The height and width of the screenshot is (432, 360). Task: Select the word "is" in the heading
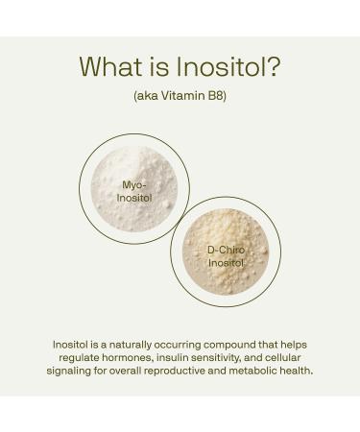[159, 67]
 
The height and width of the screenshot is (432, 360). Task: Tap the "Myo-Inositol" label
[133, 192]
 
